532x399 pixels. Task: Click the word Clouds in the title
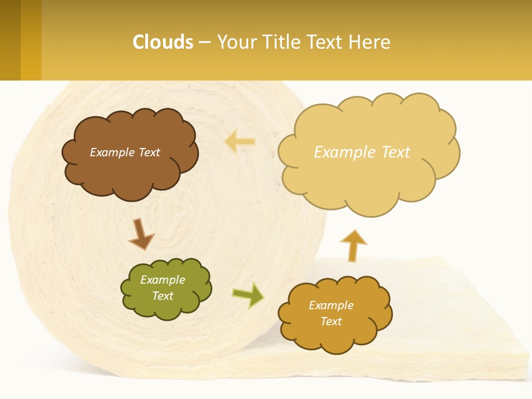163,42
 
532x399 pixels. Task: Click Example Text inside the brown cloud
125,152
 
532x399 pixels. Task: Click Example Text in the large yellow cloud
362,152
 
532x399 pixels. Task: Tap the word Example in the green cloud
162,280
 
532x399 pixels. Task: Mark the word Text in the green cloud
162,296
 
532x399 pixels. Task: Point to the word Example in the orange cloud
331,305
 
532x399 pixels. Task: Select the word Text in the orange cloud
331,321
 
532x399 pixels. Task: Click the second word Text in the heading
326,42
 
